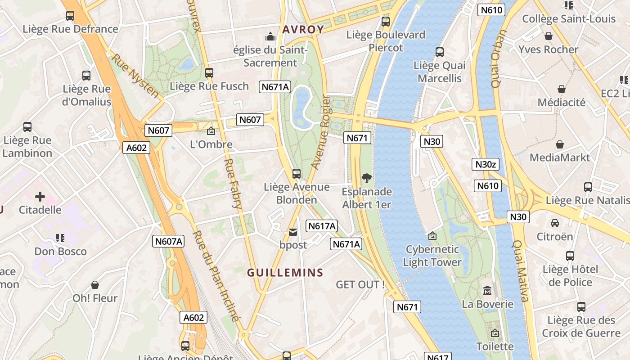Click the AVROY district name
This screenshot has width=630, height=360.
[303, 30]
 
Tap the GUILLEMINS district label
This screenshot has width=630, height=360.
[285, 273]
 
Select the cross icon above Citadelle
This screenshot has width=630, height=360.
[40, 197]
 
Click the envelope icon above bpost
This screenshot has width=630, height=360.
[293, 232]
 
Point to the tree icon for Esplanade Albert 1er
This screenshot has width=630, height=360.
[367, 178]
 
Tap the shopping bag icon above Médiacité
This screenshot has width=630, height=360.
[562, 89]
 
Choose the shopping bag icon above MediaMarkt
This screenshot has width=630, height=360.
[560, 144]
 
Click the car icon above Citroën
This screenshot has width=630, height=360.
[555, 223]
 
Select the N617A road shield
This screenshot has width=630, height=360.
[322, 226]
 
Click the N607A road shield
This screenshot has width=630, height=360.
[169, 241]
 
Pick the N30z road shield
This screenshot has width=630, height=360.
[486, 164]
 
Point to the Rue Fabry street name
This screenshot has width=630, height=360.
[233, 183]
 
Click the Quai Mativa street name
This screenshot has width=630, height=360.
[519, 270]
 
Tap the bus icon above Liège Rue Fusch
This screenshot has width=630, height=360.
[209, 73]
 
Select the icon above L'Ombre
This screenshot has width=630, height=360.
[211, 131]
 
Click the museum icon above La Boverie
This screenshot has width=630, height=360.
[487, 291]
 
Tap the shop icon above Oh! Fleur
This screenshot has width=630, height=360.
[95, 285]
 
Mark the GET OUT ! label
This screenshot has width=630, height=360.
[360, 284]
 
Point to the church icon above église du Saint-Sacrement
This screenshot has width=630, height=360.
[270, 36]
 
